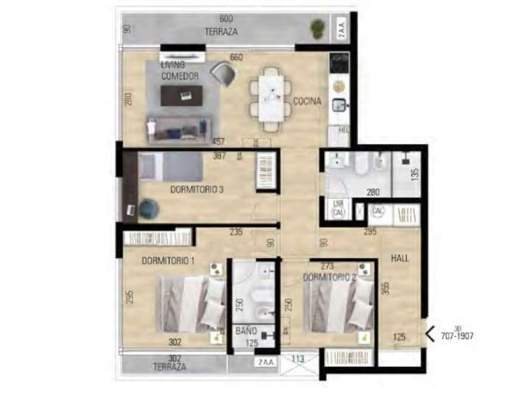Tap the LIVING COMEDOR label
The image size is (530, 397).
180,71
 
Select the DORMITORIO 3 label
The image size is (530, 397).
197,189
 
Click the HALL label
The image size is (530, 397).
401,258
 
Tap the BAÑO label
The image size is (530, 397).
246,332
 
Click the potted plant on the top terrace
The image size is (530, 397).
317,29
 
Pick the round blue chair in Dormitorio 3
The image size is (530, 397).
148,209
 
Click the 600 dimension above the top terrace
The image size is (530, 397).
226,18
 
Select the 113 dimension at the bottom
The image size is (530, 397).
298,360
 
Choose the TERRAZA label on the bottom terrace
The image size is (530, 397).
169,365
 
